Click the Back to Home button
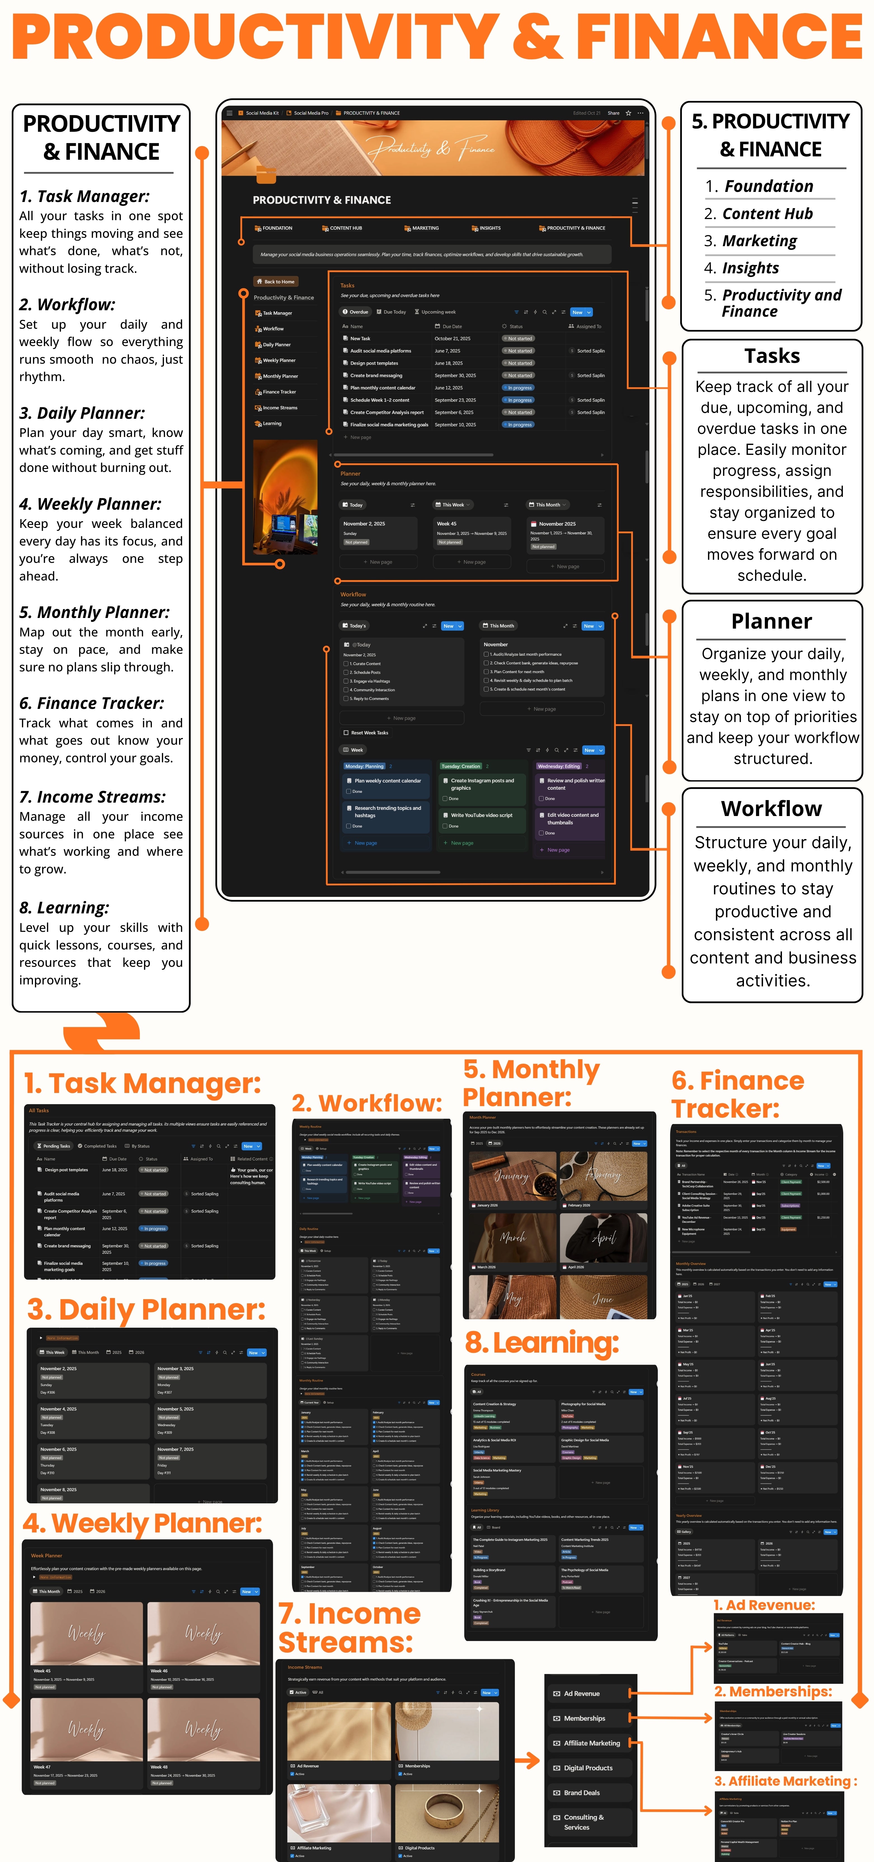point(275,281)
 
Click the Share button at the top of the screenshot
point(613,113)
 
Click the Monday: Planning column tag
point(364,766)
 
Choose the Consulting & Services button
point(584,1821)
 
